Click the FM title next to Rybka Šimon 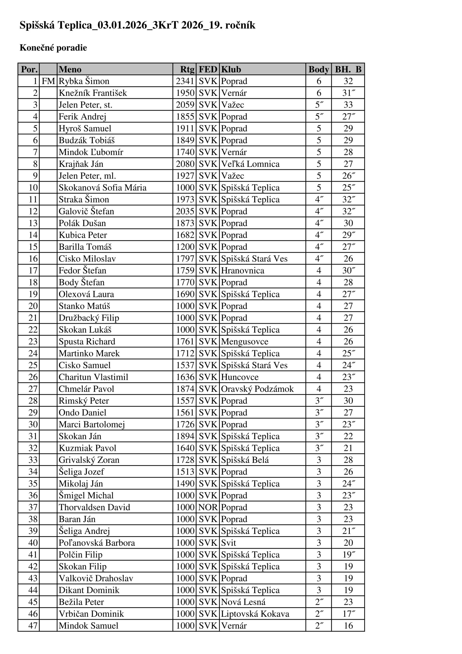pyautogui.click(x=48, y=81)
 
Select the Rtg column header pyautogui.click(x=187, y=69)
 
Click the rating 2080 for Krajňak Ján pyautogui.click(x=185, y=164)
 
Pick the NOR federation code pyautogui.click(x=208, y=507)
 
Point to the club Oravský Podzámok pyautogui.click(x=257, y=389)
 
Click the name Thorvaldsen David pyautogui.click(x=94, y=507)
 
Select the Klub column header pyautogui.click(x=231, y=69)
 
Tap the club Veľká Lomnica pyautogui.click(x=250, y=164)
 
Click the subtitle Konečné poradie pyautogui.click(x=53, y=48)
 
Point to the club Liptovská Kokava pyautogui.click(x=255, y=614)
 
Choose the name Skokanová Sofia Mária pyautogui.click(x=103, y=188)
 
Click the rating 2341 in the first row pyautogui.click(x=185, y=81)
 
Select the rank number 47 pyautogui.click(x=33, y=626)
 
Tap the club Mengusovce pyautogui.click(x=245, y=341)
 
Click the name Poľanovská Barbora pyautogui.click(x=97, y=543)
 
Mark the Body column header pyautogui.click(x=319, y=69)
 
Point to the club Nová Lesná pyautogui.click(x=243, y=602)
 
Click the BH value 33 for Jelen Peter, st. pyautogui.click(x=348, y=105)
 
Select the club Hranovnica pyautogui.click(x=243, y=270)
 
